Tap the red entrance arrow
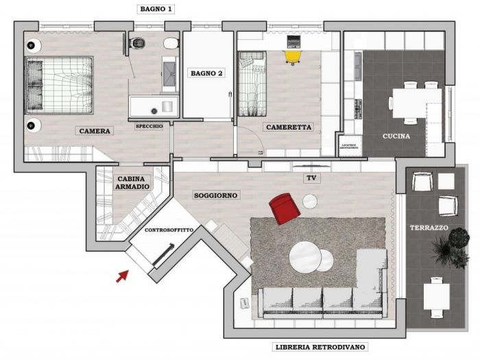coord(122,276)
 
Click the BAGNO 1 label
coord(156,10)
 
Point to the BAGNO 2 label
coord(207,73)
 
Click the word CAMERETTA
coord(289,127)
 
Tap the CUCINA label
coord(396,136)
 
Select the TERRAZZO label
coord(429,227)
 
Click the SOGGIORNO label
coord(216,195)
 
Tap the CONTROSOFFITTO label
coord(169,230)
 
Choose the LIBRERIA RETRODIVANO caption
coord(320,346)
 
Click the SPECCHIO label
coord(149,126)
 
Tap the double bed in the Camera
coord(59,85)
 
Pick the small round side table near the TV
coord(311,201)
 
